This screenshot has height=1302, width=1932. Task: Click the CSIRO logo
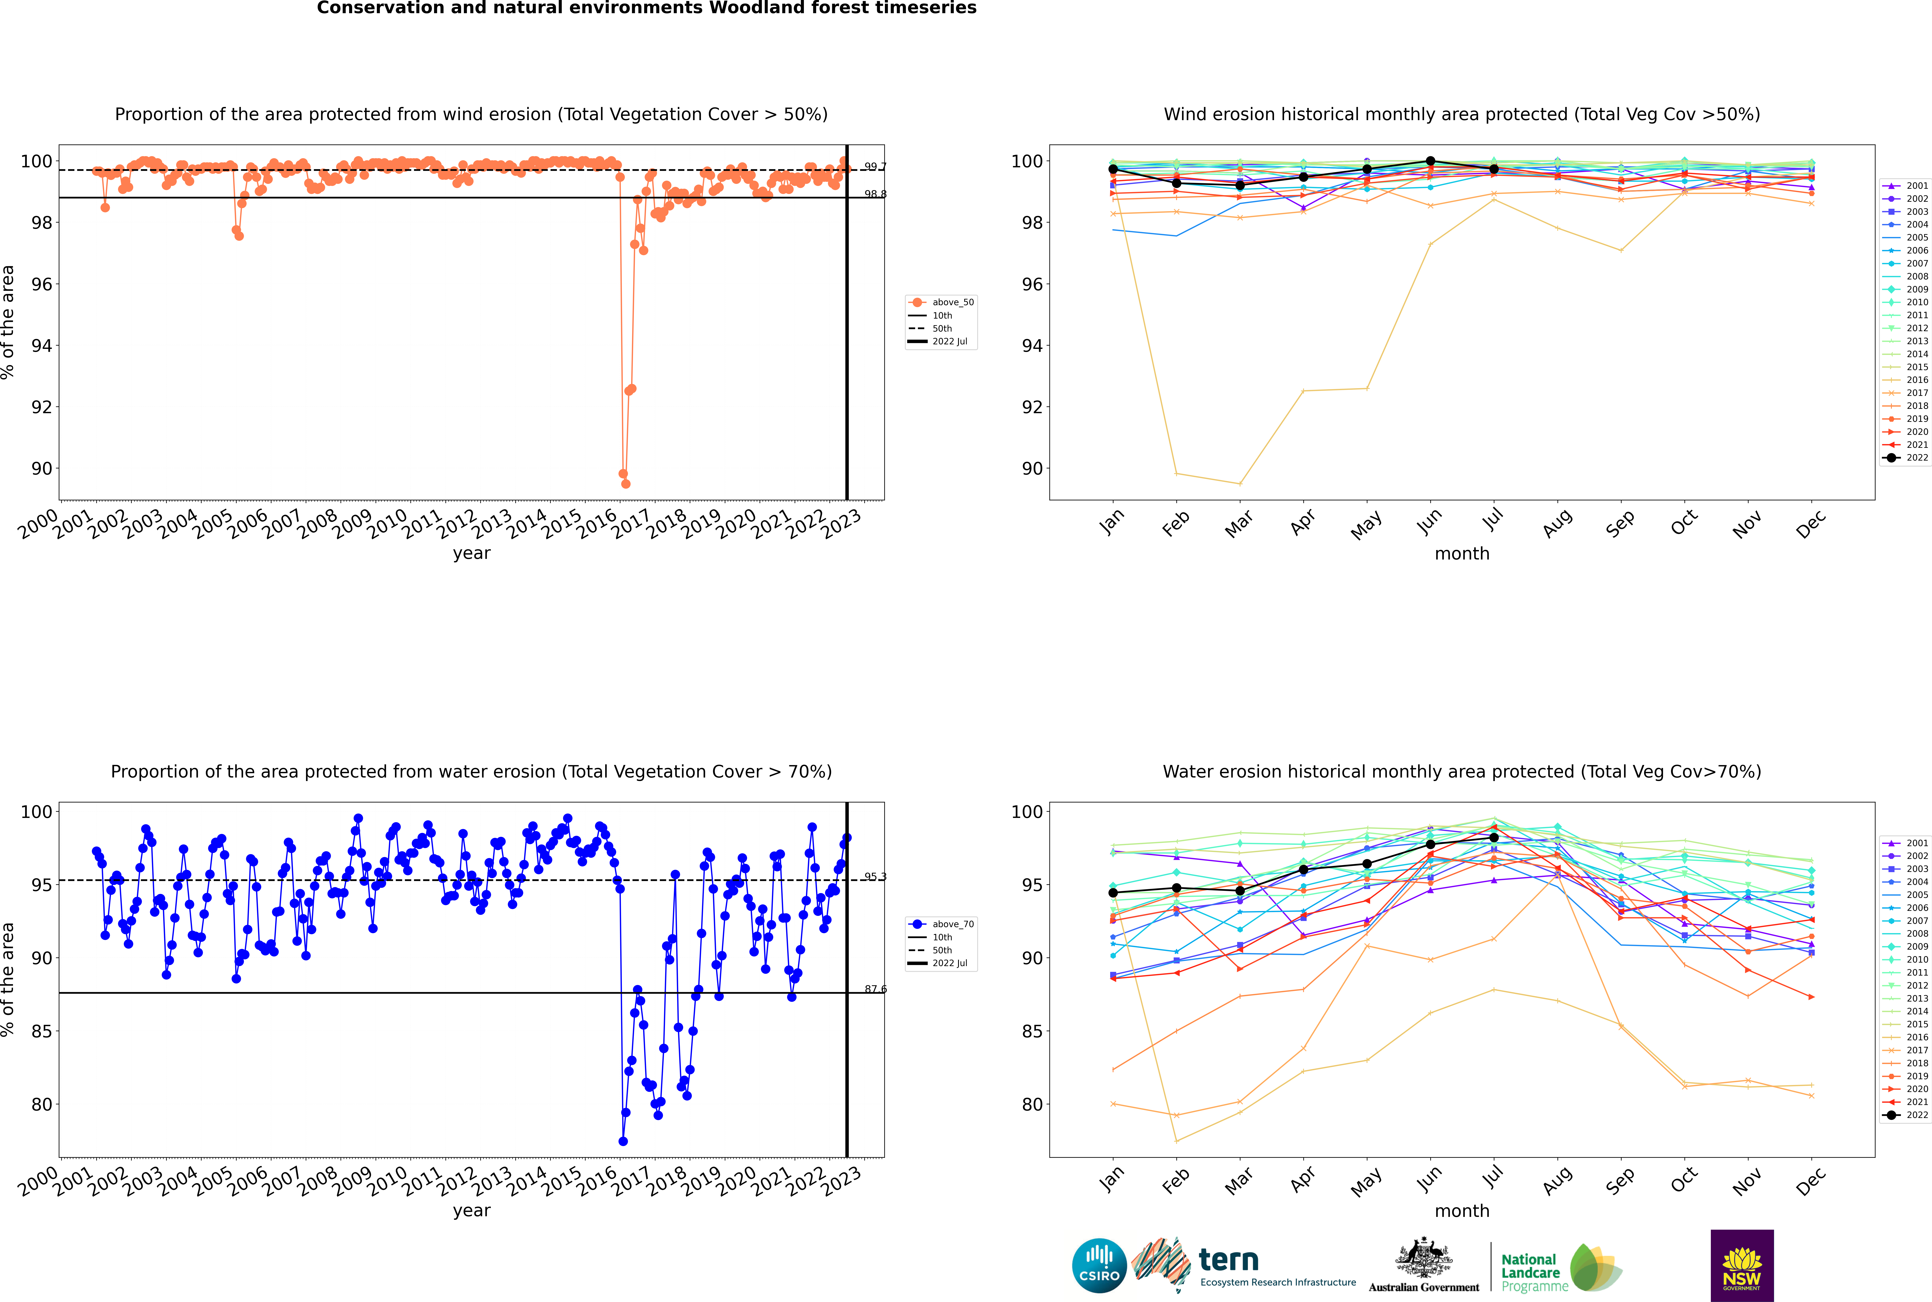pos(1099,1266)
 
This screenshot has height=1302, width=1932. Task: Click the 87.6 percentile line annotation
pos(875,989)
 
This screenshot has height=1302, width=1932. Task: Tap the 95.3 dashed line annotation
pos(875,877)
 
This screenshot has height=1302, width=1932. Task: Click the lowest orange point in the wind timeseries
pos(625,483)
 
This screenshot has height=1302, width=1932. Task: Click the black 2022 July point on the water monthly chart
pos(1493,838)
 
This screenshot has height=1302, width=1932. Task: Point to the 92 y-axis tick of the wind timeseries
pos(41,407)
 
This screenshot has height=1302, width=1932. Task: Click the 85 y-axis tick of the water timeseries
pos(41,1031)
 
